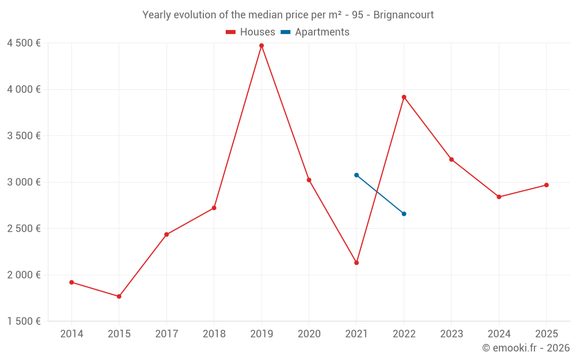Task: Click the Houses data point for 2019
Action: (x=262, y=46)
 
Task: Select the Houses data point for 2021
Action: (x=357, y=263)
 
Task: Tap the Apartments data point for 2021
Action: (x=357, y=175)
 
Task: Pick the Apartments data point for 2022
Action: (x=404, y=214)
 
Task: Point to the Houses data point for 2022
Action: (x=404, y=97)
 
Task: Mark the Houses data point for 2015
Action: (x=119, y=297)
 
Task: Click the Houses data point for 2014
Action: (x=71, y=282)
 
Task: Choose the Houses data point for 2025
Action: (x=547, y=185)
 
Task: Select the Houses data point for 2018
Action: (x=214, y=208)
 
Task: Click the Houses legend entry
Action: (x=251, y=32)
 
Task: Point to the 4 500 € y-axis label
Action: (x=24, y=43)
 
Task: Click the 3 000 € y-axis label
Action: (x=24, y=182)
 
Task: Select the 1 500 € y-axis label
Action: (x=24, y=321)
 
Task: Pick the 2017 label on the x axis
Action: (x=166, y=334)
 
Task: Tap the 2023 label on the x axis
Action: (x=452, y=334)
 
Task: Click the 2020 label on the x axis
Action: (x=309, y=334)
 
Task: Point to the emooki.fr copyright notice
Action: (x=526, y=348)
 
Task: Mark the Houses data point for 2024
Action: (x=499, y=197)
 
